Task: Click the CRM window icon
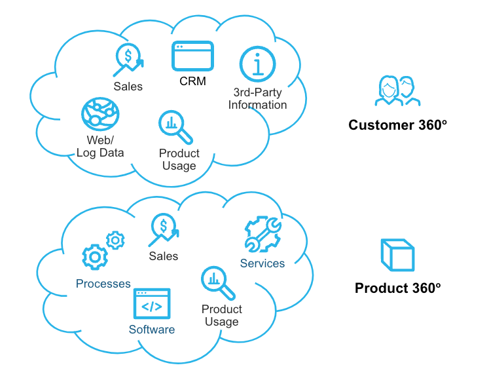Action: click(192, 56)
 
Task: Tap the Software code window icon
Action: click(152, 305)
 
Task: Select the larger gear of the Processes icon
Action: click(94, 257)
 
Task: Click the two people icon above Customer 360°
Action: click(397, 90)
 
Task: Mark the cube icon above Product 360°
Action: click(397, 256)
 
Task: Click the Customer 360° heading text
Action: click(397, 124)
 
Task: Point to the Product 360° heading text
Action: click(397, 288)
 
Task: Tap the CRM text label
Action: click(192, 81)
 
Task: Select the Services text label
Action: click(262, 263)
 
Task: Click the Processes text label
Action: click(103, 284)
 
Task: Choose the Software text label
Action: click(152, 330)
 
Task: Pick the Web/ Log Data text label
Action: click(100, 147)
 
